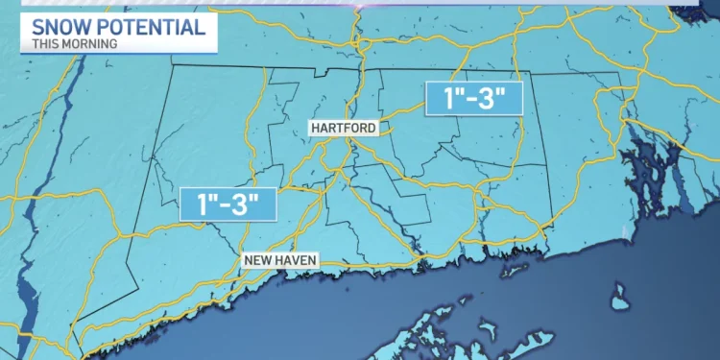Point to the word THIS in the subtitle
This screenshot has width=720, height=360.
[46, 43]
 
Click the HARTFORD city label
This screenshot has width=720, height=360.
[343, 127]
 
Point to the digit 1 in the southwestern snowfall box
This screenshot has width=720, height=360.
[202, 203]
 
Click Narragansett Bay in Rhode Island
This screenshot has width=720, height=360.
[662, 163]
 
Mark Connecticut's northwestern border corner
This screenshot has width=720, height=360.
[172, 66]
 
